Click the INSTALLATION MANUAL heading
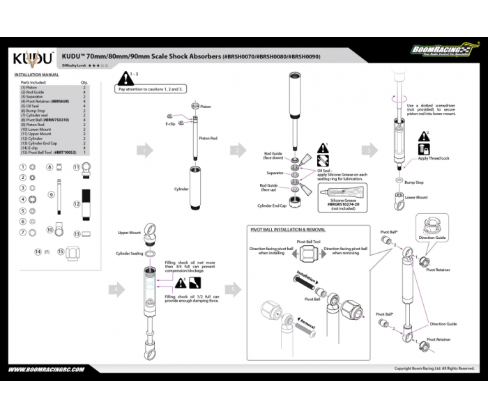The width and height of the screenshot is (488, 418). (36, 74)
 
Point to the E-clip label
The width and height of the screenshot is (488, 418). (170, 124)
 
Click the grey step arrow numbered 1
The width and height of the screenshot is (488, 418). (144, 150)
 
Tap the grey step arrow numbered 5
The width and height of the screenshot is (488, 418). (231, 289)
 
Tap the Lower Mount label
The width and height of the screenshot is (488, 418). (416, 197)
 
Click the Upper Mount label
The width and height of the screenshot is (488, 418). (129, 233)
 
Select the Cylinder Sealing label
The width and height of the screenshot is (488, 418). (129, 254)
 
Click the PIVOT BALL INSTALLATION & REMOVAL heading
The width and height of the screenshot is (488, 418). (288, 229)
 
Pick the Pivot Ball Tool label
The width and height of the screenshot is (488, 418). (308, 241)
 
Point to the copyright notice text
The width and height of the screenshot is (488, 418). (434, 369)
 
